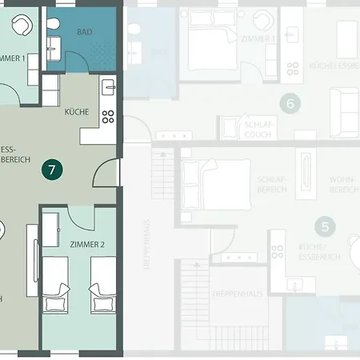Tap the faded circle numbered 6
click(x=290, y=102)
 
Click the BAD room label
click(x=84, y=33)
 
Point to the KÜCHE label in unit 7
click(x=77, y=113)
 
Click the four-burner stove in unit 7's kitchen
click(x=108, y=117)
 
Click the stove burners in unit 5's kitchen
click(x=278, y=250)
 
